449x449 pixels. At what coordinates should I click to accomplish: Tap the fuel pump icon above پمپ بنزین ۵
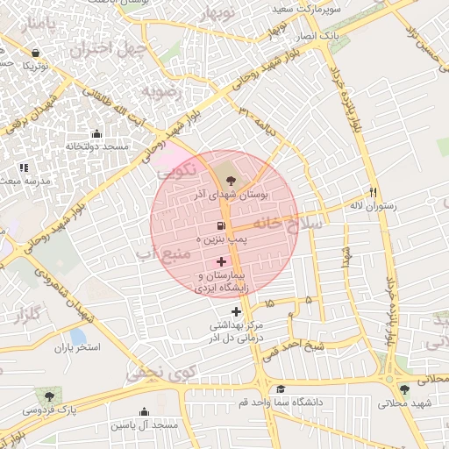pos(211,225)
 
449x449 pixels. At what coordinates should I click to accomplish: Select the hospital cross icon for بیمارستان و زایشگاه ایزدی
pos(221,261)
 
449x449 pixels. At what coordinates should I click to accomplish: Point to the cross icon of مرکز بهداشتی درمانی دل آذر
pos(236,311)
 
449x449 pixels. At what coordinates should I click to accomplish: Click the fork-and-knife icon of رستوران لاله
pos(373,192)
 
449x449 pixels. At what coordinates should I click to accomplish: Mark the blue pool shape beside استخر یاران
pos(78,336)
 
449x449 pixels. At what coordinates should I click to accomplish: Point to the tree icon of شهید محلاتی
pos(403,389)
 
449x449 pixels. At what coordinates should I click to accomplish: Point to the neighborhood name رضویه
pos(166,91)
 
